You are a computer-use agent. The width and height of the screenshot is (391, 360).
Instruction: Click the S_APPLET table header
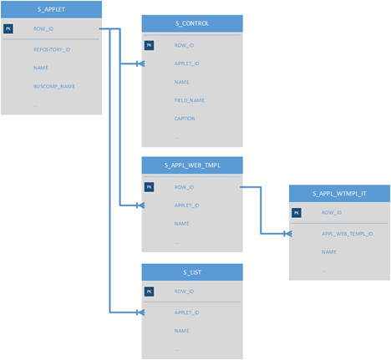[x=51, y=9]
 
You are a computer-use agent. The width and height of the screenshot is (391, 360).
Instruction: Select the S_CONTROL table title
[x=192, y=23]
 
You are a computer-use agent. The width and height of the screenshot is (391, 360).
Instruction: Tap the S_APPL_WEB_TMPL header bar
[x=192, y=165]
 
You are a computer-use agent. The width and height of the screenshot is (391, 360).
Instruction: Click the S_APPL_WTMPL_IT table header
[x=339, y=193]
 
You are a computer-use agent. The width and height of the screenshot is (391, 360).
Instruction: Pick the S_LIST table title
[x=192, y=271]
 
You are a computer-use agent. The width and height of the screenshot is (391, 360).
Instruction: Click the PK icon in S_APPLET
[x=9, y=29]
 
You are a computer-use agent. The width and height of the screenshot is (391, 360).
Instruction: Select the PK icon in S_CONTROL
[x=150, y=45]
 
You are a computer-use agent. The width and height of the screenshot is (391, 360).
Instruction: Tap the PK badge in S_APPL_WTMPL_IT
[x=297, y=213]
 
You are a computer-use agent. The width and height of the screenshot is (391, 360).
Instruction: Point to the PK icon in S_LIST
[x=150, y=292]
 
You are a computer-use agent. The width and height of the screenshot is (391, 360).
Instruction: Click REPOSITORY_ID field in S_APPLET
[x=52, y=49]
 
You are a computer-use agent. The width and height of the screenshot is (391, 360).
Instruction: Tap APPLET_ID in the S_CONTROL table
[x=187, y=63]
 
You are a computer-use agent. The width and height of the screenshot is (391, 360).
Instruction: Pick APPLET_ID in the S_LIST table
[x=187, y=312]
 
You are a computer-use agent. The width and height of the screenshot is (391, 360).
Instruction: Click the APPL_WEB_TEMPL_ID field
[x=347, y=233]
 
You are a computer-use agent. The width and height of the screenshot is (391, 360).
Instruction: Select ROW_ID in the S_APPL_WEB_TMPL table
[x=185, y=187]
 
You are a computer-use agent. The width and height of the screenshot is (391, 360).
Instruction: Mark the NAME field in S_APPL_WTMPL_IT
[x=329, y=251]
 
